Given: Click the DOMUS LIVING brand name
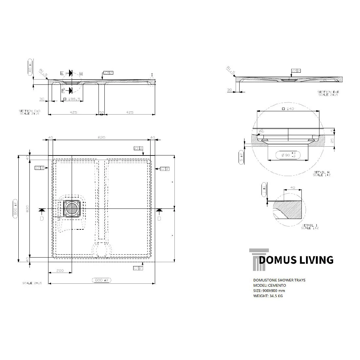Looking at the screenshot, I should [296, 260].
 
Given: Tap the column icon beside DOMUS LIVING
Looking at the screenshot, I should [257, 260].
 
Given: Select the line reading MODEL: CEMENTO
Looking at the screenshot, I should [270, 285].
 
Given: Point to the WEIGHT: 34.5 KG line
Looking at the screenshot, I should [268, 296].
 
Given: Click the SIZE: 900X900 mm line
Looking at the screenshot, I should [269, 291].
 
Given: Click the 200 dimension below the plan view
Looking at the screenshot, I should [60, 271].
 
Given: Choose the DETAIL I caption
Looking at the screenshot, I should [310, 226].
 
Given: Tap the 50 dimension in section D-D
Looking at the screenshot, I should [101, 112].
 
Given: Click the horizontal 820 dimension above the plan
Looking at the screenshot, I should [101, 137].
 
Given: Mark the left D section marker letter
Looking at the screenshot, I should [42, 218].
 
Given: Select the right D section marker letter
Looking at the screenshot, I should [159, 218].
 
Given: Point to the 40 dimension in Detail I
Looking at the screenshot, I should [293, 188].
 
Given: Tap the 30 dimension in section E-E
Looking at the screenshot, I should [229, 90].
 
